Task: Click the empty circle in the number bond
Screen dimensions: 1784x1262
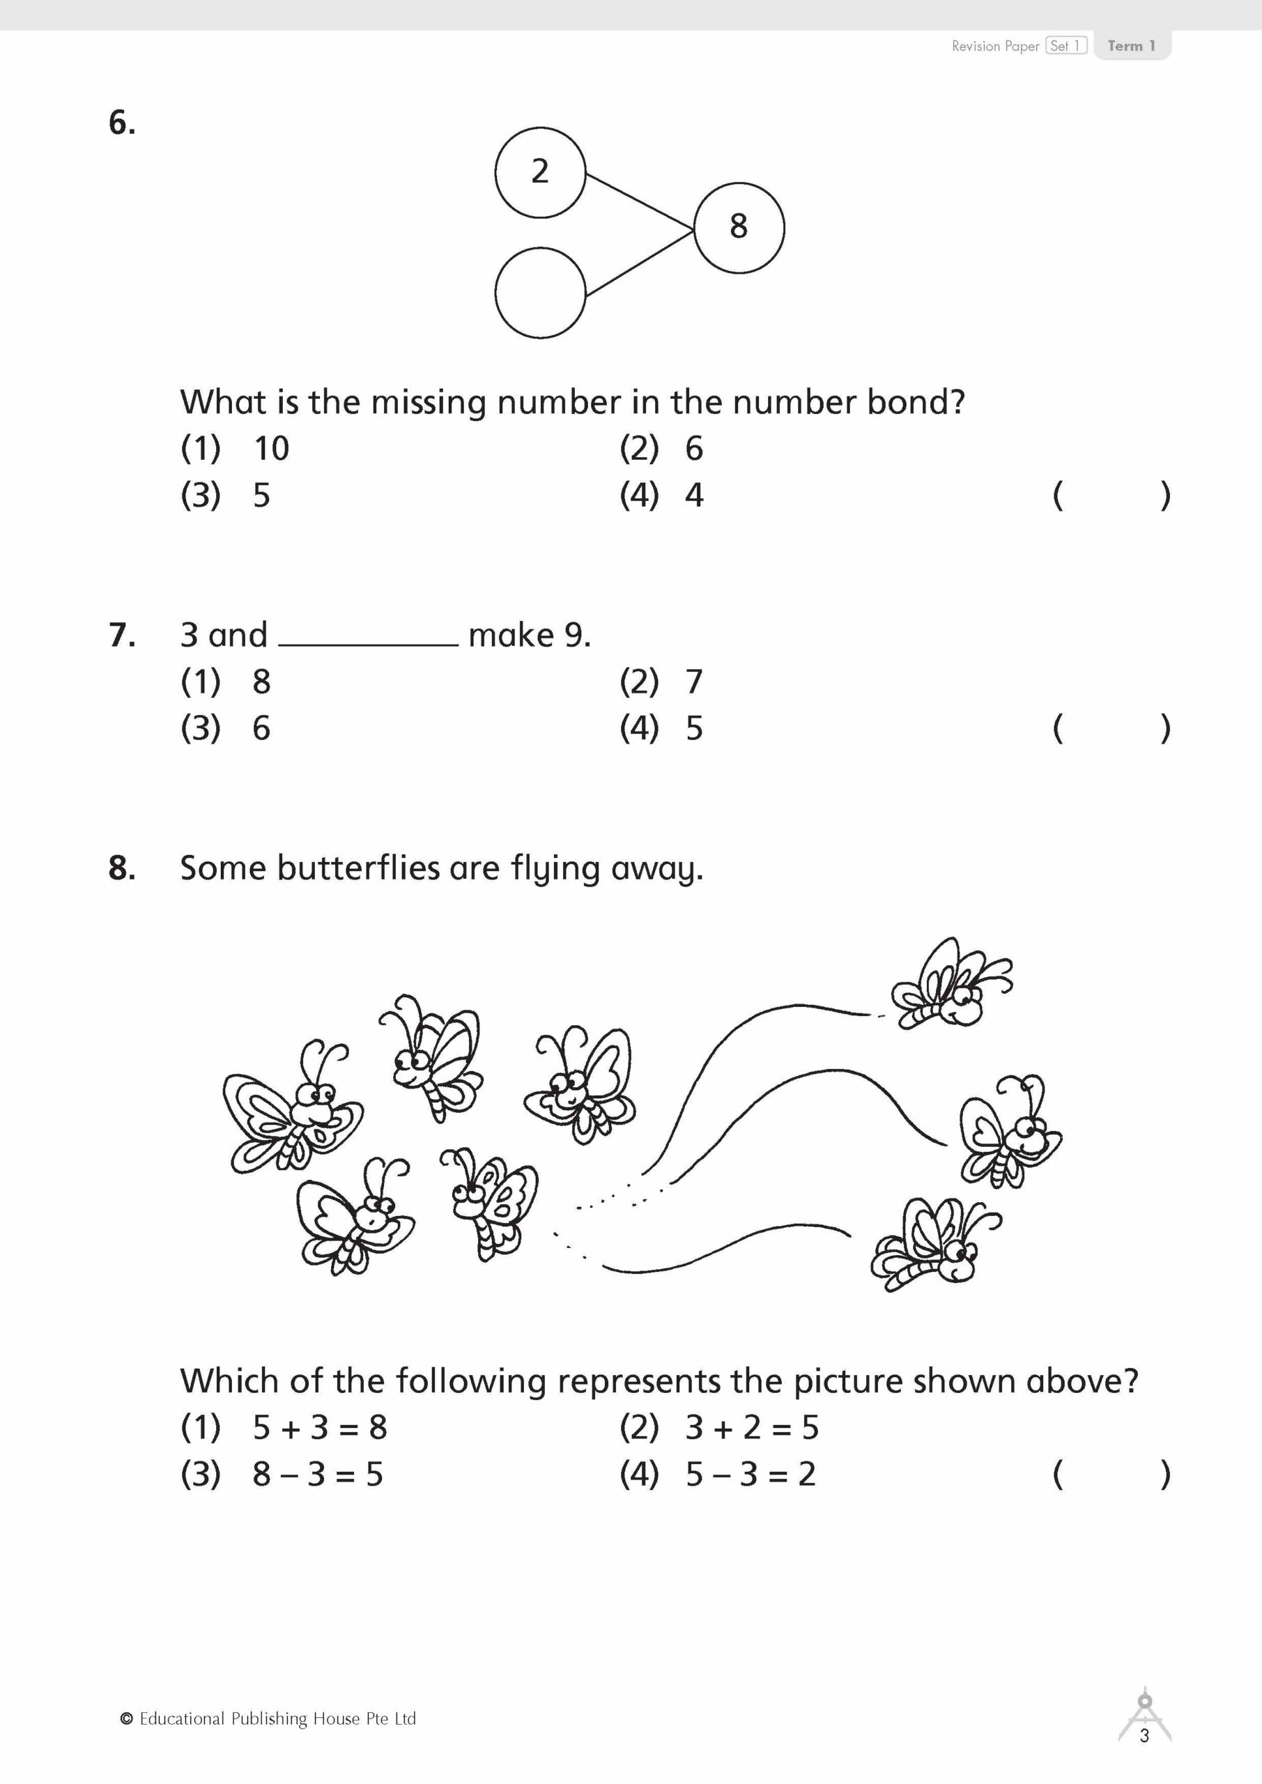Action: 539,293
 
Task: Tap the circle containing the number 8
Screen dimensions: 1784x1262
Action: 738,228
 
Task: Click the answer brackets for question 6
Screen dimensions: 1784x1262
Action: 1111,495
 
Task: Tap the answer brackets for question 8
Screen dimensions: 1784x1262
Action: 1111,1474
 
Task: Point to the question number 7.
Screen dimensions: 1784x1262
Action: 122,635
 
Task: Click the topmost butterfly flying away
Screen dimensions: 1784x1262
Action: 950,985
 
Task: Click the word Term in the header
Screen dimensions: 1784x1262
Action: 1124,46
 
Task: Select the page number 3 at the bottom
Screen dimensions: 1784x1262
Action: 1144,1736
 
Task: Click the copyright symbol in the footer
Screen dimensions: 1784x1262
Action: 127,1718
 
